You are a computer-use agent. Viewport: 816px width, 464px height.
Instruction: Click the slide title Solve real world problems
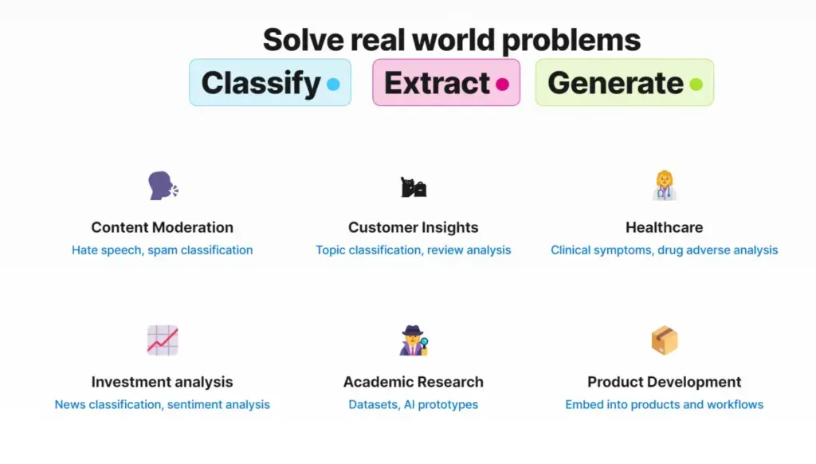451,40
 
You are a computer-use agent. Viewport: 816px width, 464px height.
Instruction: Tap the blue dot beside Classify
333,84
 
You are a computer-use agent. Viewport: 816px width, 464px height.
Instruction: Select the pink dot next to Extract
502,84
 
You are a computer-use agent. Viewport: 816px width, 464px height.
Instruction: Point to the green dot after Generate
696,84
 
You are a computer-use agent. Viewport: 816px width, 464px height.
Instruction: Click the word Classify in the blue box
261,83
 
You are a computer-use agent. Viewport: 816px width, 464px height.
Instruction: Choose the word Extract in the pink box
437,83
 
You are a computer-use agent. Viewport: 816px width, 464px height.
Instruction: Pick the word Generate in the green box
615,83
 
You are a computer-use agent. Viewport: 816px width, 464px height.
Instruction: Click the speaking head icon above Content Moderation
163,186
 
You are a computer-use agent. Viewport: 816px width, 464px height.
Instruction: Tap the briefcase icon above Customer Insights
414,187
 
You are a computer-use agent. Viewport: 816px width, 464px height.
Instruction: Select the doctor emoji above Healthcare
664,186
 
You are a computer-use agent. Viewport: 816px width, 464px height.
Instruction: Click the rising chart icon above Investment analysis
163,340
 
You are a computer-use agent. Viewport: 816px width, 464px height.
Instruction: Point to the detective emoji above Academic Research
414,340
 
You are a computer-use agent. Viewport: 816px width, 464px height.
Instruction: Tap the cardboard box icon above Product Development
664,340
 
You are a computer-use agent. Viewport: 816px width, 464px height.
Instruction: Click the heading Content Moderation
163,227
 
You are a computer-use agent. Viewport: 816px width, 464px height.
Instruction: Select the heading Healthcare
664,227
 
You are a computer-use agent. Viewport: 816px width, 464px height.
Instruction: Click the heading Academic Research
414,382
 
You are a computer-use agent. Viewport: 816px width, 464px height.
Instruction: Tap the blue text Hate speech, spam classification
163,250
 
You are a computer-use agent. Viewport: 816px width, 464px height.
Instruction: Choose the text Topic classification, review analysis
414,250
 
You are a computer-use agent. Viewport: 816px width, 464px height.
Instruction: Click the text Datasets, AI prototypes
414,405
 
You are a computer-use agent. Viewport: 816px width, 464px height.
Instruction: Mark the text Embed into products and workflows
664,405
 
